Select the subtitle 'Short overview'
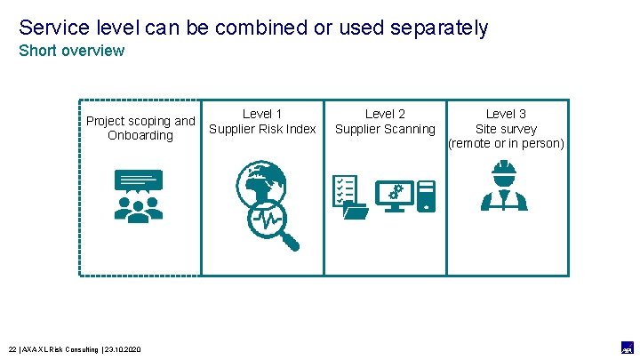[x=72, y=51]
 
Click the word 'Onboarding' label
[x=140, y=136]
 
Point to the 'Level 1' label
[x=262, y=114]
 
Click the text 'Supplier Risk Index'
[x=262, y=129]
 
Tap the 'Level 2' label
[x=385, y=114]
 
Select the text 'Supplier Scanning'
[x=385, y=129]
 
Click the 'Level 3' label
[x=506, y=114]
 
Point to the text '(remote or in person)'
[x=506, y=143]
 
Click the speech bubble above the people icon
[x=139, y=180]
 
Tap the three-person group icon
[x=139, y=207]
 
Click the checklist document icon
[x=346, y=194]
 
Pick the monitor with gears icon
[x=391, y=196]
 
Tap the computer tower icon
[x=426, y=196]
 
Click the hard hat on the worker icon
[x=504, y=168]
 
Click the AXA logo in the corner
[x=626, y=347]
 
